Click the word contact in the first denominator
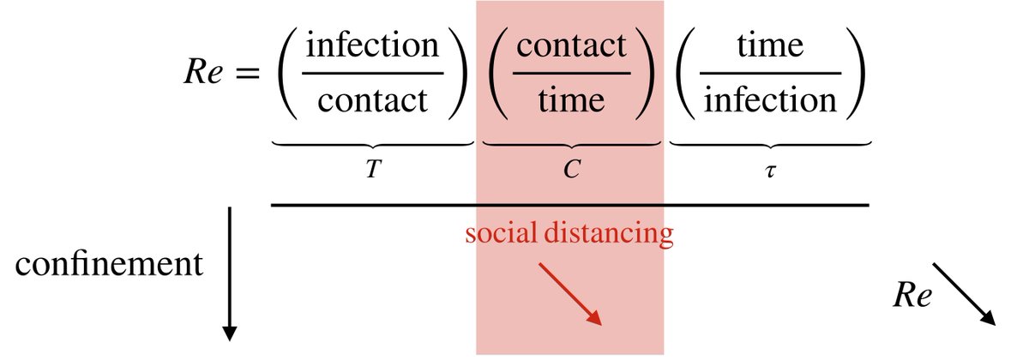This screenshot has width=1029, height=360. (372, 101)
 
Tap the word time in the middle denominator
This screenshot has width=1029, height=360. (570, 101)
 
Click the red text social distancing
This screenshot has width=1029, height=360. (569, 233)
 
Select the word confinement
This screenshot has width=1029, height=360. (110, 264)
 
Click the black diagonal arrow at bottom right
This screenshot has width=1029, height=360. (964, 294)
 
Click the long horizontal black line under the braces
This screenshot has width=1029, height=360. (570, 205)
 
